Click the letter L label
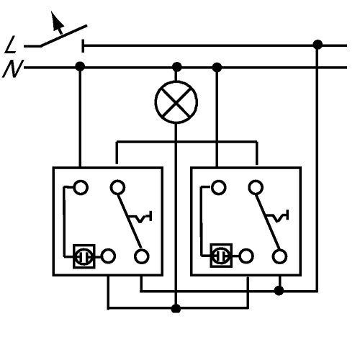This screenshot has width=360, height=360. coord(11,45)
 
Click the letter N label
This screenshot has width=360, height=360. coord(13,69)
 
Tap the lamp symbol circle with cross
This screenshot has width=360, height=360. coord(176,102)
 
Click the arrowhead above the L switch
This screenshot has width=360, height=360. coord(57,19)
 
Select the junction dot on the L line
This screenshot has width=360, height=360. coord(318,45)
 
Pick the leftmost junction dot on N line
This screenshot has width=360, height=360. coord(80,66)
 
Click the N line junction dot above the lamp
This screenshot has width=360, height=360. coord(177,67)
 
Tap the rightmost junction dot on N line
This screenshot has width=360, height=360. coord(217,68)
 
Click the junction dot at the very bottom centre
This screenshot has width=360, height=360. coord(176,308)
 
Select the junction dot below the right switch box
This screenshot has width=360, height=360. coord(279,291)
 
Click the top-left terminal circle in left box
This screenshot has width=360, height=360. coord(81,187)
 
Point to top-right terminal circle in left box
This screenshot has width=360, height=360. coord(117,187)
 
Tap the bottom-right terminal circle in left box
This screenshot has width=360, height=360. coord(142,256)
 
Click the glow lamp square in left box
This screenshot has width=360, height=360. coord(84,256)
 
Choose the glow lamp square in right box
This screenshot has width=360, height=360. coord(221,256)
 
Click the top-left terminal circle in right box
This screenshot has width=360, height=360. coord(218,187)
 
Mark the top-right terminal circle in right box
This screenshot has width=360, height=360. coord(256,187)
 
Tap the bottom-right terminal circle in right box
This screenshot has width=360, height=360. coord(280,256)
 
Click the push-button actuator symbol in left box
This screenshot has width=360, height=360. coord(140,217)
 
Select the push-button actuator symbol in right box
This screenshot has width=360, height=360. coord(278,216)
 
